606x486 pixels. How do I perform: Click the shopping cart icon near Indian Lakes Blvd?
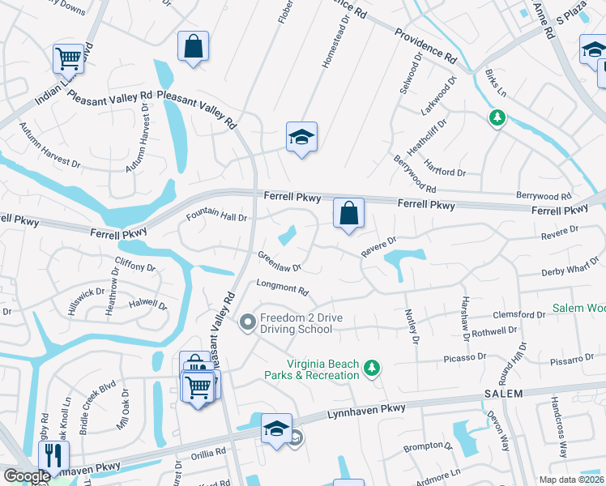[x=69, y=58]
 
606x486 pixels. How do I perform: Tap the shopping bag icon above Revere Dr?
[x=348, y=214]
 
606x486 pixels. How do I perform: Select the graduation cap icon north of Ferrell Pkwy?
[x=301, y=138]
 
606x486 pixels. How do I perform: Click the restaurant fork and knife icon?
[x=54, y=454]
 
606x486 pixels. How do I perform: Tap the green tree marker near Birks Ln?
[x=497, y=118]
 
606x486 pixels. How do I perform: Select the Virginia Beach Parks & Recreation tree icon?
[x=371, y=369]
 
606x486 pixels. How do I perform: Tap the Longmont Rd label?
[x=283, y=288]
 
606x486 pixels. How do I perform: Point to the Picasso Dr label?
[x=464, y=356]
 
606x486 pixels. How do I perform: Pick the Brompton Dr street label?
[x=428, y=446]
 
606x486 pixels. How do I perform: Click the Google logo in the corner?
[x=27, y=477]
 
